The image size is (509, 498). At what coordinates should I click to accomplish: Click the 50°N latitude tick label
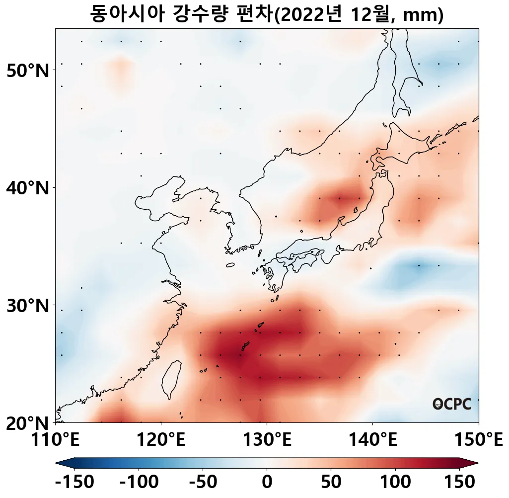click(x=28, y=71)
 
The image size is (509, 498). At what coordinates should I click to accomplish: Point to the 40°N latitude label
click(x=28, y=188)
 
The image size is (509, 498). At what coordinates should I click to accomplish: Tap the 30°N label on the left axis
click(x=28, y=306)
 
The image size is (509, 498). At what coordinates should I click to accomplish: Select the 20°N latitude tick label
click(x=28, y=423)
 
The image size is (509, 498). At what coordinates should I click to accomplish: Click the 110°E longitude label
click(x=55, y=440)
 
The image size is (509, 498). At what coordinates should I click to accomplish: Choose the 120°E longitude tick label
click(x=161, y=440)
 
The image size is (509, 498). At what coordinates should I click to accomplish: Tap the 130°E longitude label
click(x=267, y=440)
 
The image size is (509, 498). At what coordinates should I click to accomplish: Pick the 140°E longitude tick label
click(x=372, y=440)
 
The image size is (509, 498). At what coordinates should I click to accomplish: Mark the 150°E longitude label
click(x=478, y=440)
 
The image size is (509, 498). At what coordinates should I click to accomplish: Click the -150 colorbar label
click(x=75, y=482)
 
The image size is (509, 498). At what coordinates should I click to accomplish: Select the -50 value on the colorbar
click(x=203, y=482)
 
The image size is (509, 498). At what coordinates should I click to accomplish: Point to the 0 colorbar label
click(x=267, y=482)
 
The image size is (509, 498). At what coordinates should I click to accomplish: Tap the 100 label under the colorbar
click(x=396, y=482)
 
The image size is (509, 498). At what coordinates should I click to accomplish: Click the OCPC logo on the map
click(x=451, y=404)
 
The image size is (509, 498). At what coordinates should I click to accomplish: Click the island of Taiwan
click(x=171, y=379)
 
